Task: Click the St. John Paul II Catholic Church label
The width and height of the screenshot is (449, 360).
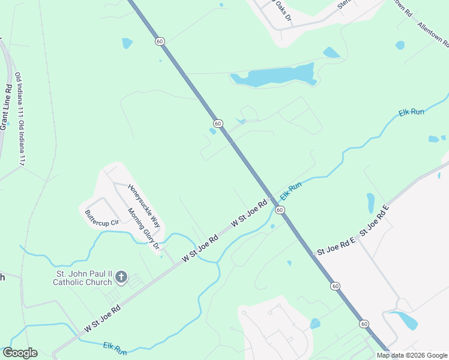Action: click(x=82, y=278)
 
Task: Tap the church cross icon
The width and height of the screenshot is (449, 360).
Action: click(x=121, y=277)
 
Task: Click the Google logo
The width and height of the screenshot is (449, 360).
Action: click(x=20, y=353)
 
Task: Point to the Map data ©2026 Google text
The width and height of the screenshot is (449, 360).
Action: click(x=412, y=355)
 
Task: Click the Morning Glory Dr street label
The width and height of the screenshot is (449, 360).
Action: click(x=143, y=229)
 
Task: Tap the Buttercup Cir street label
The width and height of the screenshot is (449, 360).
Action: click(x=102, y=213)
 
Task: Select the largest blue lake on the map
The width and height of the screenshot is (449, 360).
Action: click(x=274, y=76)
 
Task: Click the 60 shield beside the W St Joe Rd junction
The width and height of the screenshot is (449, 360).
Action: click(x=280, y=210)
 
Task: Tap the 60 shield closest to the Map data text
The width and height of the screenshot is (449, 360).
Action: click(x=364, y=324)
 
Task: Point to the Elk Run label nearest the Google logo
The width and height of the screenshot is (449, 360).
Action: click(x=115, y=348)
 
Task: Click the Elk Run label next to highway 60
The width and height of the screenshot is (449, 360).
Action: click(x=290, y=192)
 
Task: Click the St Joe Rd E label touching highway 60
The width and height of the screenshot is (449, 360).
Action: click(x=336, y=247)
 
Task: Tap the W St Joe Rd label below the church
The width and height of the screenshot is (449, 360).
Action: click(x=103, y=319)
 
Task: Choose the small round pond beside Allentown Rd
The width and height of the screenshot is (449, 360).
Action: click(x=400, y=45)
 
